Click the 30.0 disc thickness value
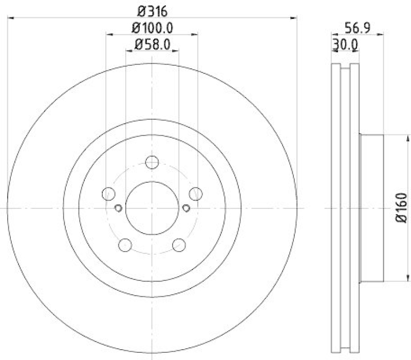pyautogui.click(x=345, y=45)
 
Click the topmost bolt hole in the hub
pyautogui.click(x=152, y=162)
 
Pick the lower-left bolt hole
pyautogui.click(x=125, y=245)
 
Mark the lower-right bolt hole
pyautogui.click(x=179, y=245)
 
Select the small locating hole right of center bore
pyautogui.click(x=186, y=208)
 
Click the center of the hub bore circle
pyautogui.click(x=152, y=208)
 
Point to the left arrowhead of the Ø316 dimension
pyautogui.click(x=11, y=18)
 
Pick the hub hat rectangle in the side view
pyautogui.click(x=372, y=208)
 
